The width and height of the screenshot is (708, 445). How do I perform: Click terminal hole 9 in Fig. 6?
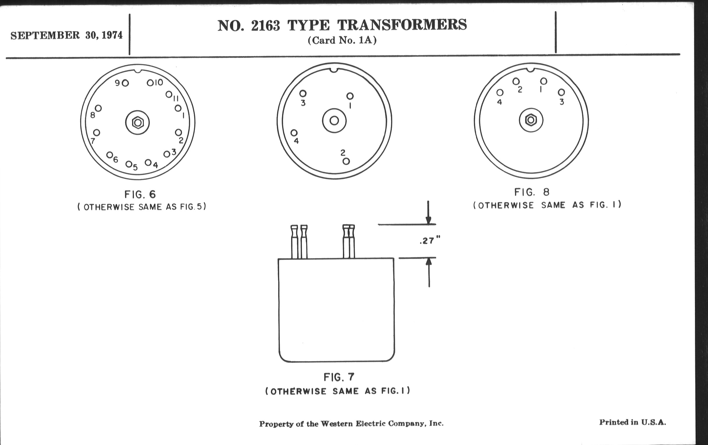[x=125, y=83]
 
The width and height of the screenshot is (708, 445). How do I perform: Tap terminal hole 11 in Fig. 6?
[x=169, y=94]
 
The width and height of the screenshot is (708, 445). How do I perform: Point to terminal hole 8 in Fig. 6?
[x=98, y=108]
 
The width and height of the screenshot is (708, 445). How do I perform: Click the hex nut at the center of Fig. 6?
[x=138, y=122]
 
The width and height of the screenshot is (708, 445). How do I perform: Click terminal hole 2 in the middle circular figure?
[x=346, y=161]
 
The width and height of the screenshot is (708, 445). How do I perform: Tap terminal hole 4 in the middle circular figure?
[x=294, y=133]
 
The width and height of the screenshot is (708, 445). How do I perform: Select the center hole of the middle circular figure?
[x=334, y=120]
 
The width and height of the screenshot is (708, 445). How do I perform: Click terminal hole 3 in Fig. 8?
[x=561, y=92]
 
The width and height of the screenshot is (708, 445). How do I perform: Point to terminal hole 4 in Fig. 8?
[x=500, y=93]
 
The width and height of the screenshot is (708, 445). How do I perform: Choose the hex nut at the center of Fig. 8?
[x=531, y=120]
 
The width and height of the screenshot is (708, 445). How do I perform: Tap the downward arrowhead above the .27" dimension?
[x=429, y=220]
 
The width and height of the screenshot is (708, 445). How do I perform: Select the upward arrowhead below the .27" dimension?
[x=429, y=261]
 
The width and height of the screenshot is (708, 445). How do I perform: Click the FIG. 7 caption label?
[x=339, y=377]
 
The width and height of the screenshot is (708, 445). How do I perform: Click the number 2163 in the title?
[x=265, y=26]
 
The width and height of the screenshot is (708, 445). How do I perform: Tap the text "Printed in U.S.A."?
[x=632, y=422]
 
